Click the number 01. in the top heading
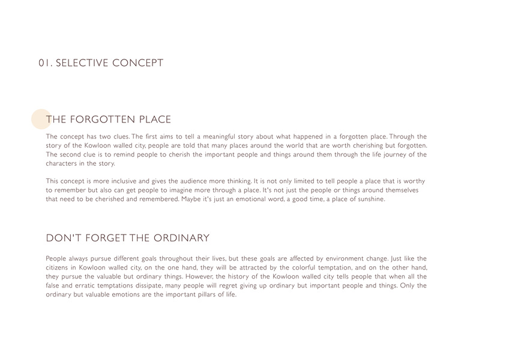[45, 63]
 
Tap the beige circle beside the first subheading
[41, 119]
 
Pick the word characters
[64, 163]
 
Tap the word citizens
[59, 268]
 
